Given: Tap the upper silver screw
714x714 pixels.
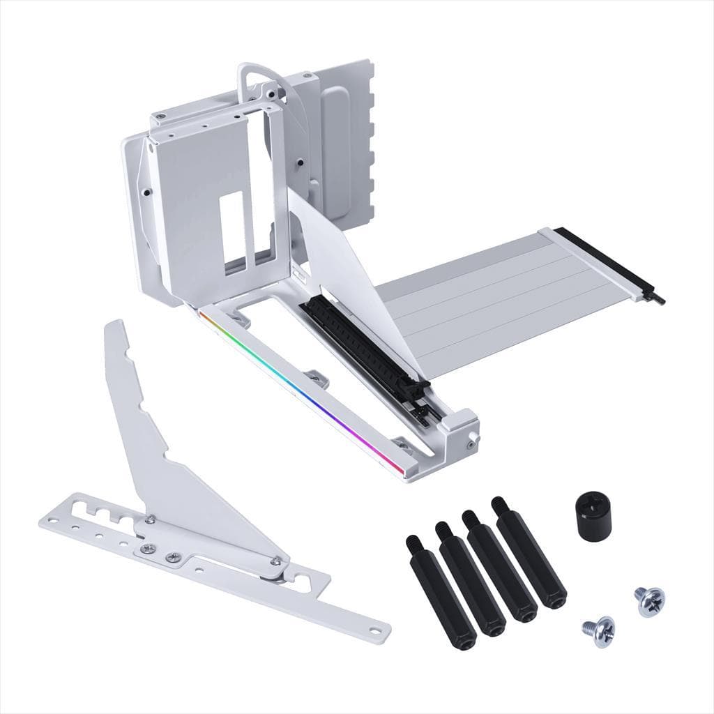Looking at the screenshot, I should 649,600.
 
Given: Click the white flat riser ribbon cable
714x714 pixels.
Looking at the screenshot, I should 488,293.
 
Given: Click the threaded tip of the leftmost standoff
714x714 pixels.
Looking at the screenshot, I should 411,542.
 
